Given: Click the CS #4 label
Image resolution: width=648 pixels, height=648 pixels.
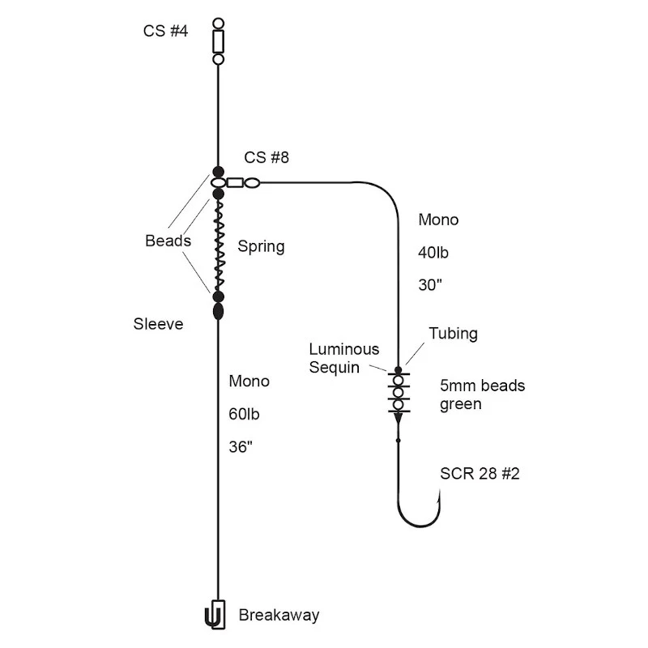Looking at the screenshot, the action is coord(165,31).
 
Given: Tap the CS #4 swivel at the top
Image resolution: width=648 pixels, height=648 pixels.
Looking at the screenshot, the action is coord(218,41).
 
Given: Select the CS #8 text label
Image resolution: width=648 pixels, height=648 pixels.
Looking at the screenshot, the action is coord(266,157).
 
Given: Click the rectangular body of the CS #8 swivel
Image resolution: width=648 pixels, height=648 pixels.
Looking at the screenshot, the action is coord(235,182).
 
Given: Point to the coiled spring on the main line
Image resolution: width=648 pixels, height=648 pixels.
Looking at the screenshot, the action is coord(219,245).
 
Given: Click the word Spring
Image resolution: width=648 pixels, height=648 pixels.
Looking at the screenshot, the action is coord(261,247).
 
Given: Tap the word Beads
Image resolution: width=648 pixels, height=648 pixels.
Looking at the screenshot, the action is coord(168,241).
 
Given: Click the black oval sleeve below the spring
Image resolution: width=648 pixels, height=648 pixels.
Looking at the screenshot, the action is coord(218,311).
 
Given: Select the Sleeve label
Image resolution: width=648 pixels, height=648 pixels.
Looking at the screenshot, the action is coord(158,324).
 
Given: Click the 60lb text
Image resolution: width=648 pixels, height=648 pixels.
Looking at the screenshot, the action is coord(245,414).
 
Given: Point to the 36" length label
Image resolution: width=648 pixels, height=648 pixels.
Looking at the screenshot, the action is coord(241,447).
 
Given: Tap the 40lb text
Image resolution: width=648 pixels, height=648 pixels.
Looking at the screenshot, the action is coord(433,253).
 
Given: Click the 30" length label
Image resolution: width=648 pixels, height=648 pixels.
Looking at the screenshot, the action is coord(430,285).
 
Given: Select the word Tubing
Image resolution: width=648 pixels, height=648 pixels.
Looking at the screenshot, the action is coord(454,334).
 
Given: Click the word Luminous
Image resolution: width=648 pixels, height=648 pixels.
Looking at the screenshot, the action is coord(344,350).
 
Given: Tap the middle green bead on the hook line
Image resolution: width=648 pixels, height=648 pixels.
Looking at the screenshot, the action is coord(399,392).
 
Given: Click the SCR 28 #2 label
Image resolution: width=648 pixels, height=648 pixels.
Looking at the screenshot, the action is coord(480,474).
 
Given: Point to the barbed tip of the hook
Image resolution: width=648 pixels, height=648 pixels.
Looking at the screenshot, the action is coord(440,492).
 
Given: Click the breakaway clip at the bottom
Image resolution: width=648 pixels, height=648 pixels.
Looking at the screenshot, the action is coord(215,615).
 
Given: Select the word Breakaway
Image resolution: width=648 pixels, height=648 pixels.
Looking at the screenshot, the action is coord(279,616).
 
